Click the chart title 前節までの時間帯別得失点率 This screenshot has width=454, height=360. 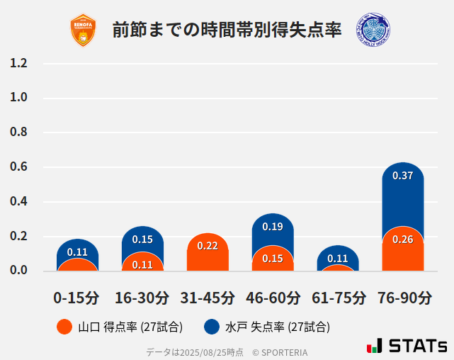[x=227, y=30]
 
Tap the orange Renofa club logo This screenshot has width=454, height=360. [x=83, y=30]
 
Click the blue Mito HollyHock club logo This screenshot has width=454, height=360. [x=373, y=30]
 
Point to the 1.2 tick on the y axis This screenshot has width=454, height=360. [x=18, y=64]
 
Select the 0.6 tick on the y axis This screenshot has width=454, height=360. [x=18, y=167]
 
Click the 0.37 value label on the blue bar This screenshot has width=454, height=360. [x=402, y=176]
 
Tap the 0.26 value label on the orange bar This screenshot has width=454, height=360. [x=402, y=240]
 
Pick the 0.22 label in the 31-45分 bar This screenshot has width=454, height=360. [x=208, y=246]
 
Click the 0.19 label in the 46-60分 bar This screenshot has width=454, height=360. [x=273, y=227]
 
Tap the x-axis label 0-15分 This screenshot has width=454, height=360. [x=77, y=298]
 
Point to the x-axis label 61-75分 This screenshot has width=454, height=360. [x=338, y=298]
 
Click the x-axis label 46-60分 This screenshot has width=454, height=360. [x=273, y=298]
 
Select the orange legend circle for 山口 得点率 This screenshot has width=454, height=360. [x=64, y=327]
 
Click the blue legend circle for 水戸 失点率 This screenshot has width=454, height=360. [x=212, y=327]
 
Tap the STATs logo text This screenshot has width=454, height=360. [x=417, y=347]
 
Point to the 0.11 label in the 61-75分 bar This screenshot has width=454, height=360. [x=338, y=259]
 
